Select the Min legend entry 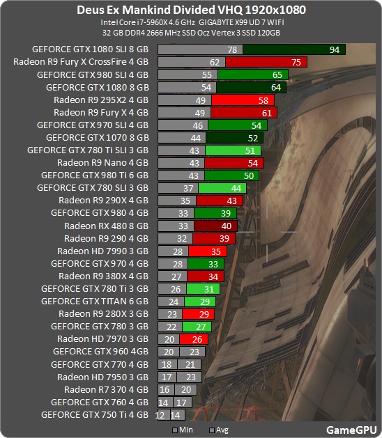pyautogui.click(x=185, y=430)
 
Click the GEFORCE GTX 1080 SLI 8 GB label pyautogui.click(x=90, y=49)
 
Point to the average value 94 pyautogui.click(x=335, y=49)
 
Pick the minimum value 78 pyautogui.click(x=233, y=49)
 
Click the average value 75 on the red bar pyautogui.click(x=296, y=62)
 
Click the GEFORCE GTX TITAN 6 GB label pyautogui.click(x=95, y=301)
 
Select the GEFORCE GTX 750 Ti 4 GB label pyautogui.click(x=95, y=414)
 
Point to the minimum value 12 pyautogui.click(x=160, y=414)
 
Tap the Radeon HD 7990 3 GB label pyautogui.click(x=102, y=251)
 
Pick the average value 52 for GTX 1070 pyautogui.click(x=253, y=137)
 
